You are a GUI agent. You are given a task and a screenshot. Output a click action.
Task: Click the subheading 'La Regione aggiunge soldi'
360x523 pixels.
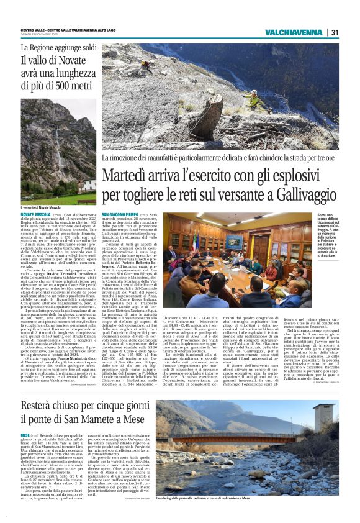pyautogui.click(x=59, y=47)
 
